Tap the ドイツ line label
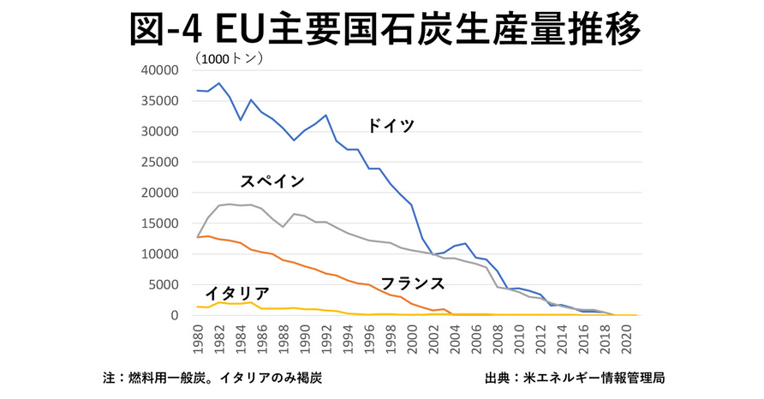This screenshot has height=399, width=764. [x=391, y=126]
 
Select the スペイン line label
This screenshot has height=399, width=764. [x=272, y=181]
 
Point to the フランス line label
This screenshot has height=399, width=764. [x=412, y=283]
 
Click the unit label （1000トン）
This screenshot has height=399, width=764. [x=229, y=59]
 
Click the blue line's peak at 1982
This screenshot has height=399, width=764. [x=219, y=83]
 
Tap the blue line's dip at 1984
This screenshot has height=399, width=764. [x=241, y=120]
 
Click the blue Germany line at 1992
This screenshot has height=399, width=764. [x=325, y=115]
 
